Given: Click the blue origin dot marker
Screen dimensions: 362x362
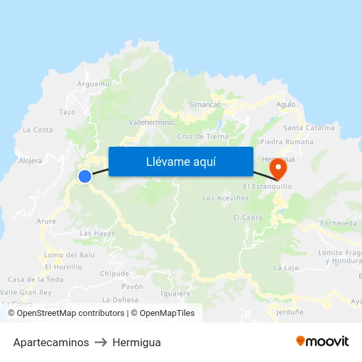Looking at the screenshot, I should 85,176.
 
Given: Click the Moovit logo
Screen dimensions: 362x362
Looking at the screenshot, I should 322,342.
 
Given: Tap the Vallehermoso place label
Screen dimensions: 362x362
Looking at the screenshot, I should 151,122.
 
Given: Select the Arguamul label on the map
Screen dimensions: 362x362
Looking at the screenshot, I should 95,84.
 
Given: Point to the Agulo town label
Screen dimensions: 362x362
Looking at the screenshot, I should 286,105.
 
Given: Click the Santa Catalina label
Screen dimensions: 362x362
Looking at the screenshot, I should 309,128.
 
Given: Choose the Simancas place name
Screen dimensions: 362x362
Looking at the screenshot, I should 205,105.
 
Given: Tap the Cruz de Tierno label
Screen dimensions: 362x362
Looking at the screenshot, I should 203,137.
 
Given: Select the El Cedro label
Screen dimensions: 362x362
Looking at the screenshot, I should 247,218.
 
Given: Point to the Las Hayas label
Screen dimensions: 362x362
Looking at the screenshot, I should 97,234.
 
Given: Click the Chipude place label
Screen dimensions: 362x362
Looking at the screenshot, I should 115,274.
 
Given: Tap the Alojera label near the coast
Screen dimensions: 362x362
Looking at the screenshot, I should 30,161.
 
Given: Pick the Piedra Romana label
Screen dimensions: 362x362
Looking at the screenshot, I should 287,142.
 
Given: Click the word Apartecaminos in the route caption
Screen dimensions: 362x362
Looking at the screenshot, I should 51,342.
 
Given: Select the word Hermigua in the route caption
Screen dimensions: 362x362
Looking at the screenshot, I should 136,342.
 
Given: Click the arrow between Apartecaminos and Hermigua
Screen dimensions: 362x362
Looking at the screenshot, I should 101,342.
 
